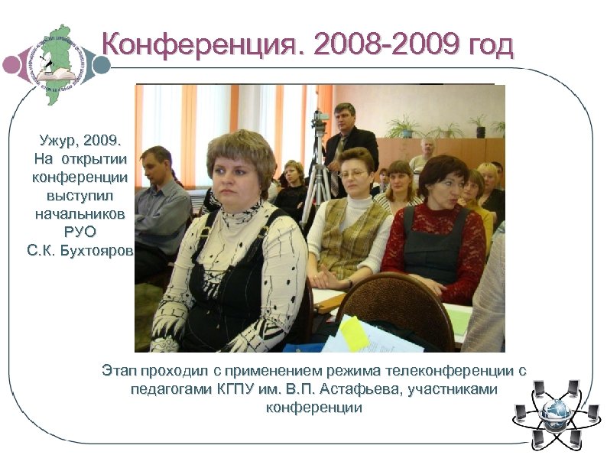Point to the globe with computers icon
(x=555, y=414)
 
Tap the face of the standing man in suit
(x=345, y=119)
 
